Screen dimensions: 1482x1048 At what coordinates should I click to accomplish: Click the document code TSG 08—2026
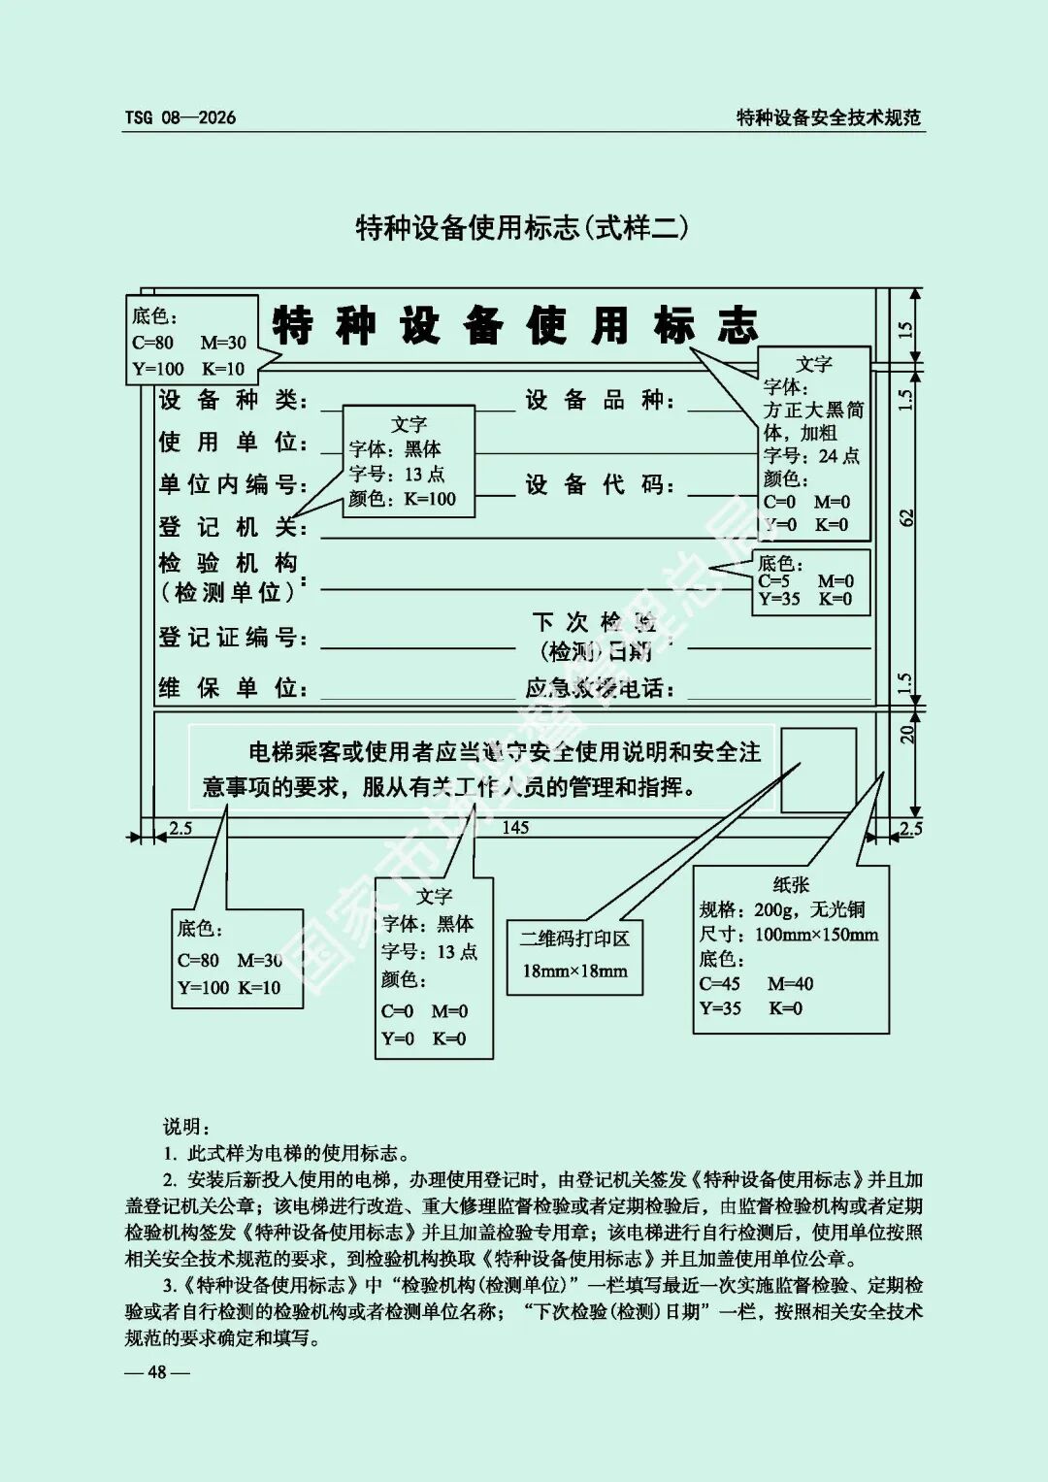(180, 117)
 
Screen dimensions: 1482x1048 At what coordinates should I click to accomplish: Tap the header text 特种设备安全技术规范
(828, 117)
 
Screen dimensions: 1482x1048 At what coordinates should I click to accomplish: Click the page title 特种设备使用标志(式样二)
(522, 228)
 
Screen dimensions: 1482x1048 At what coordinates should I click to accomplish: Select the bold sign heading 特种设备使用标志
(514, 325)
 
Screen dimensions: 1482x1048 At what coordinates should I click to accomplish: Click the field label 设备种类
(232, 400)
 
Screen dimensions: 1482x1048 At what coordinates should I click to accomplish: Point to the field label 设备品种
(600, 400)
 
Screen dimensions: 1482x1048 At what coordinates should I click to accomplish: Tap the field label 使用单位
(232, 443)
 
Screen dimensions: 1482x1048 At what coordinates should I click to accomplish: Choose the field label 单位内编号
(232, 484)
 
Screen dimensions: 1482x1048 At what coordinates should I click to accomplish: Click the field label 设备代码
(600, 484)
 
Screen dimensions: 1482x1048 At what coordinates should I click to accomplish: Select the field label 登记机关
(232, 527)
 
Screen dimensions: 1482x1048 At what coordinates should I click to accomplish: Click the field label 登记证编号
(232, 638)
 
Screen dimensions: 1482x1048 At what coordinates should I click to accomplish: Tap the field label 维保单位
(232, 688)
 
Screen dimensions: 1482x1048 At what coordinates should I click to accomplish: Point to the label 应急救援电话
(600, 688)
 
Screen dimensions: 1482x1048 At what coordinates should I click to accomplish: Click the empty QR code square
(818, 770)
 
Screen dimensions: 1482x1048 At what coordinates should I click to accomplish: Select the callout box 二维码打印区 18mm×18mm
(574, 955)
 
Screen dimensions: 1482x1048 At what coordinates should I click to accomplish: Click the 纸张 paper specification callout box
(790, 949)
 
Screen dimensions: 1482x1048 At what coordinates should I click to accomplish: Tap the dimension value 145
(515, 828)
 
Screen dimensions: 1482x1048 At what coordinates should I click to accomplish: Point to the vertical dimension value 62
(907, 518)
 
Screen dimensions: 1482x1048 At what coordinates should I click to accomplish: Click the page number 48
(156, 1371)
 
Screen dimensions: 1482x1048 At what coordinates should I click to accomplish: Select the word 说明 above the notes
(185, 1127)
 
